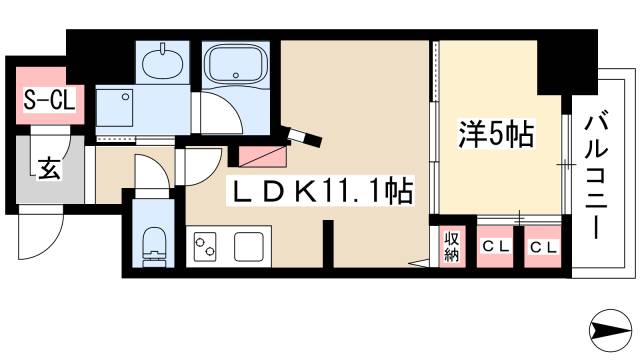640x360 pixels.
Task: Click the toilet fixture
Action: (155, 242)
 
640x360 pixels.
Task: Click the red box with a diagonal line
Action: (262, 155)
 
